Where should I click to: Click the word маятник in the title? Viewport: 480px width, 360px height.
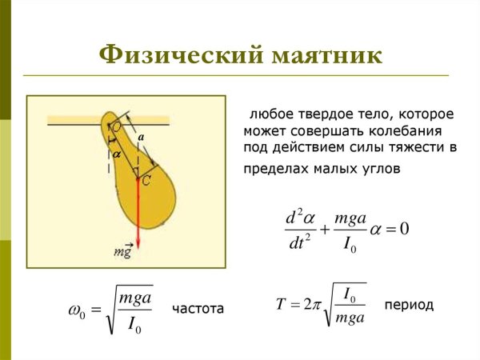(322, 56)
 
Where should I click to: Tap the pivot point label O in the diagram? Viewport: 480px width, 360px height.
(117, 126)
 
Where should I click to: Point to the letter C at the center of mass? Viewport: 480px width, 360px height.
(146, 181)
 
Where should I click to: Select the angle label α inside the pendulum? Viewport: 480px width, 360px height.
(116, 151)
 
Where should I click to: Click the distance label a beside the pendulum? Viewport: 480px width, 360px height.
(140, 138)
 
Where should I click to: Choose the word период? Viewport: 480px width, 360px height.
(409, 305)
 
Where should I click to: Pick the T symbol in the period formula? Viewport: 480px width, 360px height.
(281, 305)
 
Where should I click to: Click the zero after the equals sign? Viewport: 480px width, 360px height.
(404, 230)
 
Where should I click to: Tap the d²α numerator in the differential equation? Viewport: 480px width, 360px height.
(297, 217)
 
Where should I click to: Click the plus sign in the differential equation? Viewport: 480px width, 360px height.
(325, 230)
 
